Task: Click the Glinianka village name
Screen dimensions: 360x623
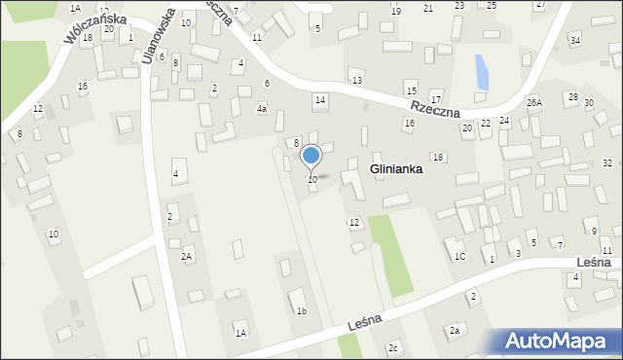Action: pyautogui.click(x=395, y=169)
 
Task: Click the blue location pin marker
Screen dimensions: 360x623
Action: pyautogui.click(x=311, y=156)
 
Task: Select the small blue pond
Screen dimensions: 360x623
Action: pyautogui.click(x=481, y=71)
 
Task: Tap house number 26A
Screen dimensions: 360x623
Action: pyautogui.click(x=534, y=102)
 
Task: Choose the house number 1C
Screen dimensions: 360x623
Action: pyautogui.click(x=459, y=256)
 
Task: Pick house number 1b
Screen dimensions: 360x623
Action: pyautogui.click(x=302, y=311)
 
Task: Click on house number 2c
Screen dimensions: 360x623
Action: pyautogui.click(x=393, y=347)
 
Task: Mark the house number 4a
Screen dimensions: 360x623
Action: pyautogui.click(x=262, y=109)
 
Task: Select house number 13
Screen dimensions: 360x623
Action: pyautogui.click(x=357, y=80)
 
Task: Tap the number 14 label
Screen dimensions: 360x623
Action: pyautogui.click(x=319, y=100)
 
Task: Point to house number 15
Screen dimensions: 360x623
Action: pyautogui.click(x=411, y=90)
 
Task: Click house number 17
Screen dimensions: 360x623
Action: pyautogui.click(x=436, y=99)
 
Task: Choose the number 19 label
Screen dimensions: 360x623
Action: pyautogui.click(x=395, y=10)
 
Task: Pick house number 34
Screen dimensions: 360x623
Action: pyautogui.click(x=575, y=40)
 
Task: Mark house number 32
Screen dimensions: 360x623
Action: pyautogui.click(x=607, y=162)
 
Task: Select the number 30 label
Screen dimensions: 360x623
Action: pyautogui.click(x=589, y=102)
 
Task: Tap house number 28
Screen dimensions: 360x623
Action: pyautogui.click(x=573, y=97)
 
